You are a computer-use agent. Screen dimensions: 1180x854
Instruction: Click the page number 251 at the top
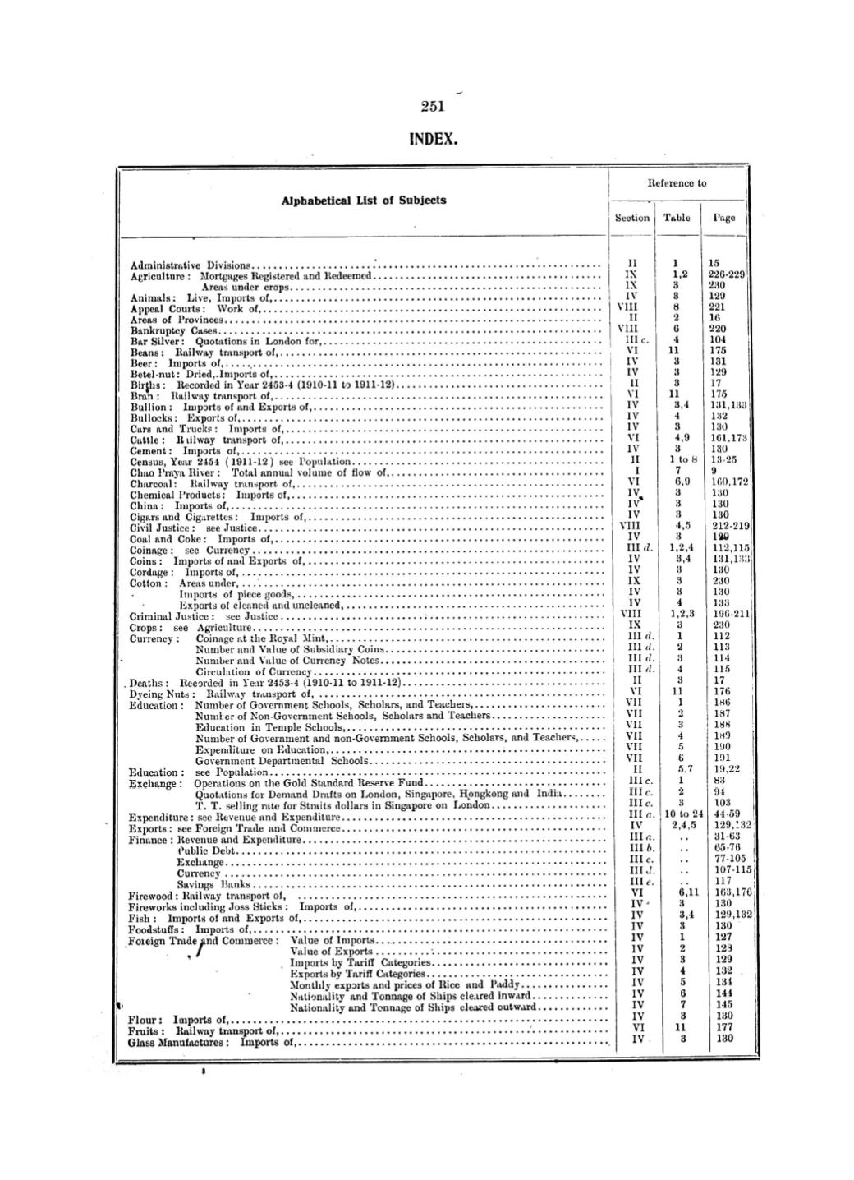point(432,106)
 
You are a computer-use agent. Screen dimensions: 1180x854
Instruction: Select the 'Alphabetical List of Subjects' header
point(364,200)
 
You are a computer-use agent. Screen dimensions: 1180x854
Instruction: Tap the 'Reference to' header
point(677,182)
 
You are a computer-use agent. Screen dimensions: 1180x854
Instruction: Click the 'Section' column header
point(632,218)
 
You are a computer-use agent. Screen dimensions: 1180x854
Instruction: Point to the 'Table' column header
point(677,218)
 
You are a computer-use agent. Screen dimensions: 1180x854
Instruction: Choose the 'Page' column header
point(723,218)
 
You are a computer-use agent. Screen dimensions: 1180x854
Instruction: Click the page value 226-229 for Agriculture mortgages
point(726,274)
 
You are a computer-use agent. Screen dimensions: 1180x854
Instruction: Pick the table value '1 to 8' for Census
point(677,461)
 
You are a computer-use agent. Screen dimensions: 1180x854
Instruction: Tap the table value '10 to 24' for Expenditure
point(678,814)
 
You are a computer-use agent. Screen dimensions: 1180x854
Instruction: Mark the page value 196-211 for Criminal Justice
point(728,614)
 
